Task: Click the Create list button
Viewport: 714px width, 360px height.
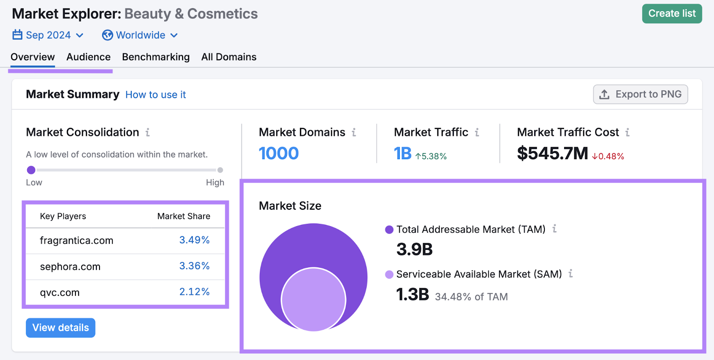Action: click(x=672, y=14)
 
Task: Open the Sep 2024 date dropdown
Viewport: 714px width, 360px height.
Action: click(x=48, y=35)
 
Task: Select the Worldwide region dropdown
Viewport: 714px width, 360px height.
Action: click(x=140, y=35)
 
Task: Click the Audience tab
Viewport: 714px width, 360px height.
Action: click(x=88, y=57)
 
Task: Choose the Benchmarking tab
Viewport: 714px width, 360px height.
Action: click(x=156, y=57)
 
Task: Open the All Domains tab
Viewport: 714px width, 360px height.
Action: click(x=228, y=57)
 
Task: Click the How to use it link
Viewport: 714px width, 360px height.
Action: click(x=155, y=95)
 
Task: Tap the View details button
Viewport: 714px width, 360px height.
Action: click(x=61, y=328)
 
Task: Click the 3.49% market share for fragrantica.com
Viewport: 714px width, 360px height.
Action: click(x=194, y=240)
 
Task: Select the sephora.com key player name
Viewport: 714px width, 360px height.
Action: click(x=70, y=267)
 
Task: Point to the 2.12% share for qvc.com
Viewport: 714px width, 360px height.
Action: click(x=194, y=292)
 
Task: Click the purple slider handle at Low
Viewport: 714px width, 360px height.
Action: click(x=31, y=170)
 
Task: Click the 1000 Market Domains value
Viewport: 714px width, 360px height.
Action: click(x=278, y=153)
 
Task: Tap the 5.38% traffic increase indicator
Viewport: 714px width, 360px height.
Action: click(x=431, y=156)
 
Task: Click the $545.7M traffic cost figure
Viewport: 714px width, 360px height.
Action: click(x=552, y=153)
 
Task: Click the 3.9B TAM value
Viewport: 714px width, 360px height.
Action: click(x=414, y=249)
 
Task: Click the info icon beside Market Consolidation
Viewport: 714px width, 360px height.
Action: click(x=148, y=132)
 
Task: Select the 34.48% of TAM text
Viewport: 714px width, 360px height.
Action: click(x=471, y=297)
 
